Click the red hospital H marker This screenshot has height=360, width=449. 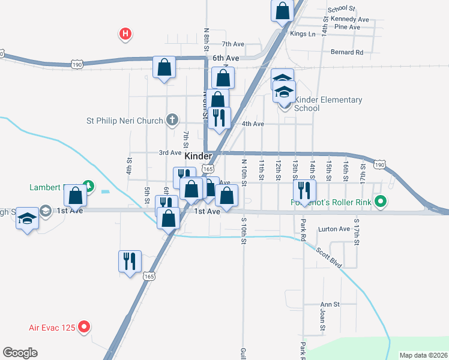125,34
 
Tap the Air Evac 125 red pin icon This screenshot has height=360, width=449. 85,328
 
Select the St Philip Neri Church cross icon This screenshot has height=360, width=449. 172,120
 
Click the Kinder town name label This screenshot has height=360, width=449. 198,156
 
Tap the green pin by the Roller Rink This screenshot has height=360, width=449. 379,202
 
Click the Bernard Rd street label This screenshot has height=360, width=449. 347,52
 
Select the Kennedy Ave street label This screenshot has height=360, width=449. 348,19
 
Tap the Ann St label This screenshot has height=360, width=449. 330,304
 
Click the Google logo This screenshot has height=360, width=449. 20,353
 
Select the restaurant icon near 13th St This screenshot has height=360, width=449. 304,191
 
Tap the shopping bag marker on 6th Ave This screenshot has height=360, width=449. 164,68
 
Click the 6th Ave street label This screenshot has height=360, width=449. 226,58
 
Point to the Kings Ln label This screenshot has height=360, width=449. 303,34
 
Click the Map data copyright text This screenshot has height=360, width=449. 423,355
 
